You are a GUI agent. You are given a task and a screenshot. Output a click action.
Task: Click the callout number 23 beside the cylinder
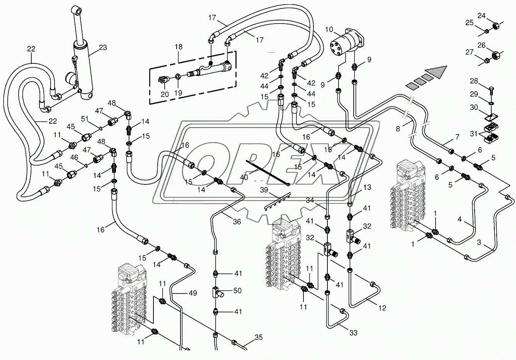click(102, 48)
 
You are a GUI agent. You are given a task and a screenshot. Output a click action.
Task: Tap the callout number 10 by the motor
click(329, 29)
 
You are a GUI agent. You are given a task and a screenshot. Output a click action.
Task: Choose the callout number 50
click(238, 290)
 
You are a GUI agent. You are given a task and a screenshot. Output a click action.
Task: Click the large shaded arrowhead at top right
click(437, 72)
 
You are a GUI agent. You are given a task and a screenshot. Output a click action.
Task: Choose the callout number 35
click(259, 338)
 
